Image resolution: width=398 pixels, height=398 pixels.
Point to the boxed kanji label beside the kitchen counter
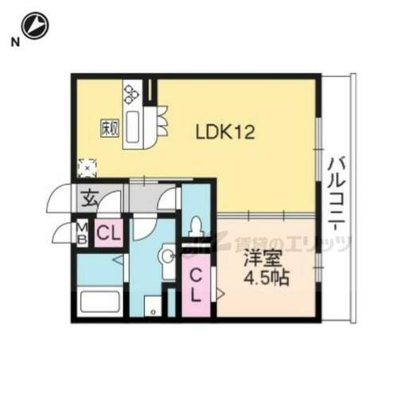coord(109,127)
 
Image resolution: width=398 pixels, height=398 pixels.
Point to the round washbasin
coord(166,256)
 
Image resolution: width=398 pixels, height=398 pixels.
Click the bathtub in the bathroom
coord(100,303)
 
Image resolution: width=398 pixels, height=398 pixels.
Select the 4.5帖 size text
coord(265,280)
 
